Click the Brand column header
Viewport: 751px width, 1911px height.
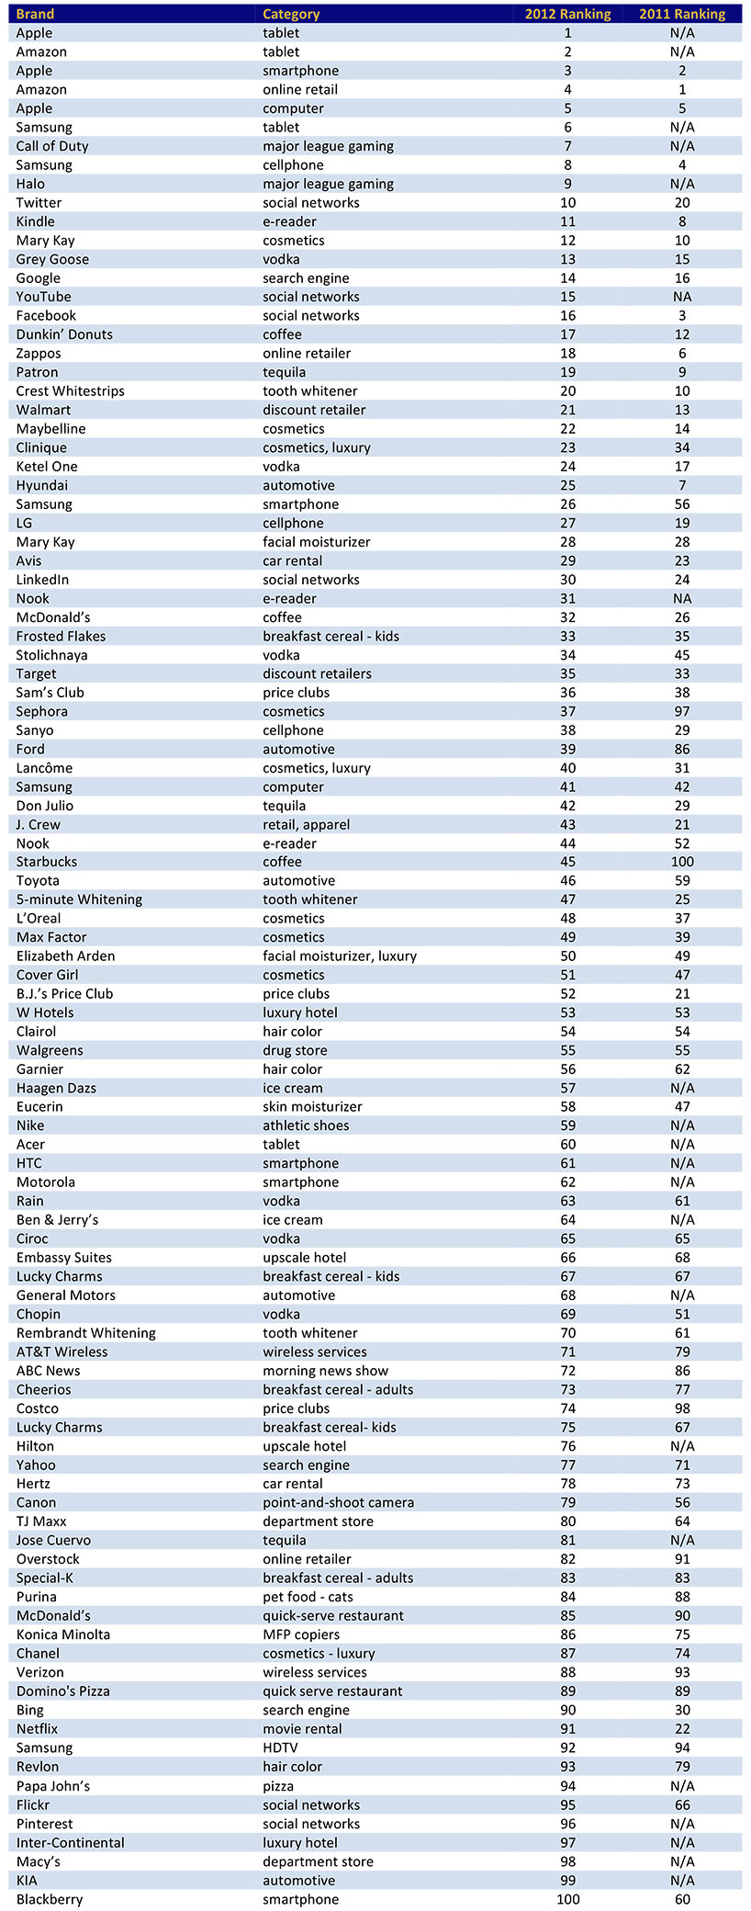click(35, 14)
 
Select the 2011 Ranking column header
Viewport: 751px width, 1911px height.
click(682, 14)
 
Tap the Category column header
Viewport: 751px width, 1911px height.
click(291, 14)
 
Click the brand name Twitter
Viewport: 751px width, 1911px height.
click(39, 202)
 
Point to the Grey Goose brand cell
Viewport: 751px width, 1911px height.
click(52, 259)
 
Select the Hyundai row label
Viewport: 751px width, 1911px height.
click(41, 485)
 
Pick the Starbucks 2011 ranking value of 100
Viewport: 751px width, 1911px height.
click(682, 862)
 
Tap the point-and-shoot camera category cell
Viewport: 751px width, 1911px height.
click(338, 1502)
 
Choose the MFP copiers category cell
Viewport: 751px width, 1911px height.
click(301, 1634)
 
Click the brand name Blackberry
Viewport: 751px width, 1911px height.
click(50, 1899)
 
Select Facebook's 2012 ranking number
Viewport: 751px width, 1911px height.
click(568, 315)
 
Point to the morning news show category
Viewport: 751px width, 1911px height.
click(325, 1371)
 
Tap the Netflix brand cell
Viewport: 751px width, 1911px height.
click(37, 1729)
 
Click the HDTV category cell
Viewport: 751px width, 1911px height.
click(280, 1747)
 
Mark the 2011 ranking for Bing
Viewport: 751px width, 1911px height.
click(682, 1710)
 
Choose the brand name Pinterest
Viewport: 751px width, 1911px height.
click(44, 1824)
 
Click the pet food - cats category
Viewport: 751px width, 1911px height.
click(308, 1597)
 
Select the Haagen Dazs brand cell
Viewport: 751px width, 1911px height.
click(56, 1088)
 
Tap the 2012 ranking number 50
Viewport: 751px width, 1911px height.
click(568, 955)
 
